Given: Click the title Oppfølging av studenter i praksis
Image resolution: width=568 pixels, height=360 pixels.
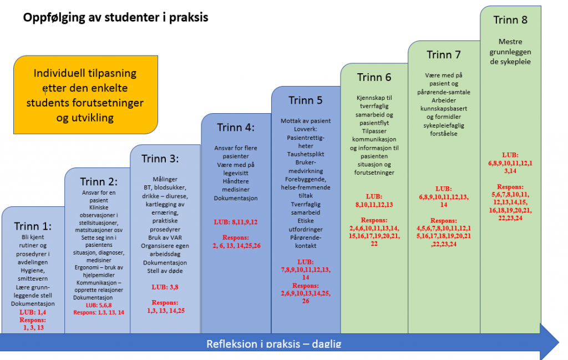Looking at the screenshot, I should click(115, 18).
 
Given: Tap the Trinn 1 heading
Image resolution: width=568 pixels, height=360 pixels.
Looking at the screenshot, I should click(33, 226).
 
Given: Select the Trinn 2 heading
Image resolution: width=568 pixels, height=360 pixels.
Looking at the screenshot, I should click(98, 182).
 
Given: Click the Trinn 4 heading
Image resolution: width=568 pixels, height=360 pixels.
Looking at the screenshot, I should click(236, 128).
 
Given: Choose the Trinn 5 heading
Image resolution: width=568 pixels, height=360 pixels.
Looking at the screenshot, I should click(306, 100).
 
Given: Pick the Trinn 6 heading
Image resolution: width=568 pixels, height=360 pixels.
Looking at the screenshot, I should click(374, 77).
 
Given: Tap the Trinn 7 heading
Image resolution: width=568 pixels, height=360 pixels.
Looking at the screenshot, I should click(444, 55).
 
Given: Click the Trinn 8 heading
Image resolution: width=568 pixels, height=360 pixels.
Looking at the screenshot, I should click(510, 20).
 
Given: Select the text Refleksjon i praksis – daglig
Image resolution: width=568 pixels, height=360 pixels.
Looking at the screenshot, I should click(274, 344).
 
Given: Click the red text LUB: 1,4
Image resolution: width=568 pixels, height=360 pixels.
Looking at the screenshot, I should click(33, 313).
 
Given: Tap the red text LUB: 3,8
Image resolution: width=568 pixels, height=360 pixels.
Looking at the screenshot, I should click(165, 287).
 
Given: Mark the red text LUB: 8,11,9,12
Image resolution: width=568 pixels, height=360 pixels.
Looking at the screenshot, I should click(236, 222).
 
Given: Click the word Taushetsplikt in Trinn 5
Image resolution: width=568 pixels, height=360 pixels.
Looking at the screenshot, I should click(306, 154).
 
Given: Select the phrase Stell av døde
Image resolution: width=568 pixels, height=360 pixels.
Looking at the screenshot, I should click(165, 271).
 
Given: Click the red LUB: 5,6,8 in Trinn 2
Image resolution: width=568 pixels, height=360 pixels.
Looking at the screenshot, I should click(99, 305).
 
